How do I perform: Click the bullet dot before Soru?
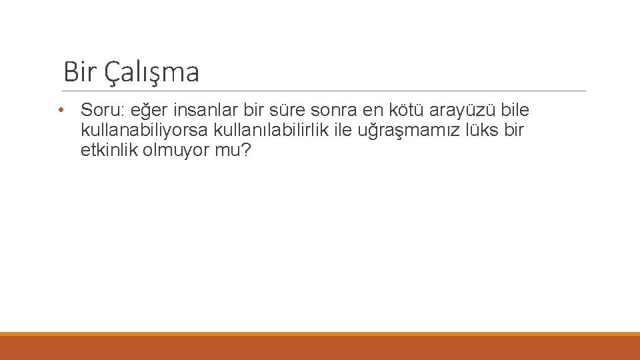point(61,109)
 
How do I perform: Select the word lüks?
point(479,130)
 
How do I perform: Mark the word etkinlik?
point(109,151)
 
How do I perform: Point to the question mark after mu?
point(246,151)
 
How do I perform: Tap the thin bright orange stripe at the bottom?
point(320,334)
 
